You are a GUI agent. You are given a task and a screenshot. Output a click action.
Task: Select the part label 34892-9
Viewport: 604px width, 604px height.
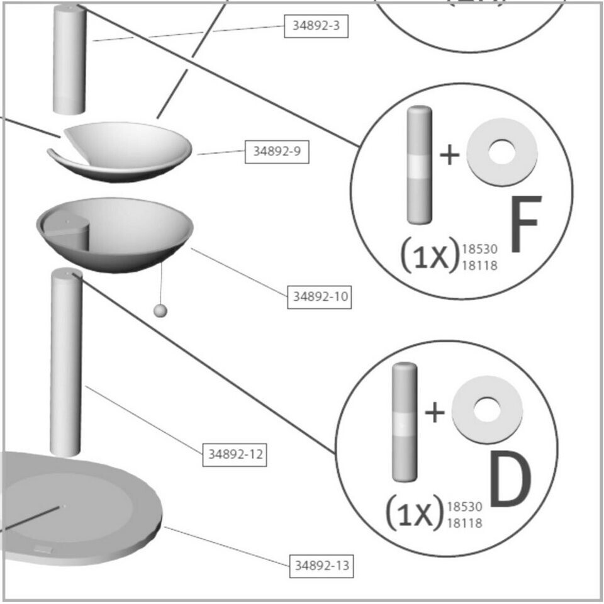coord(276,152)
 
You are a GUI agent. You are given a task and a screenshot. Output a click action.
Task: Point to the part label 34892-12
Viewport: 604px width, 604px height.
coord(235,454)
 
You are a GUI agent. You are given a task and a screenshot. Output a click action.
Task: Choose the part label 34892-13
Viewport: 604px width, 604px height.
coord(321,566)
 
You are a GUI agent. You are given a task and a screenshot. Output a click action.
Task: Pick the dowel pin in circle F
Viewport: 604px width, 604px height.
coord(420,165)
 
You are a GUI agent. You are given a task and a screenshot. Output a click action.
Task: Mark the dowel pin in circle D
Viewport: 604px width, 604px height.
coord(404,422)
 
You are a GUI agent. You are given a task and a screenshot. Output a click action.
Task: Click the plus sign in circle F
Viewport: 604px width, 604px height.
coord(449,155)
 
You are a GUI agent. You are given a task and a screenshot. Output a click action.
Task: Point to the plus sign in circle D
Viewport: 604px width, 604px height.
coord(435,413)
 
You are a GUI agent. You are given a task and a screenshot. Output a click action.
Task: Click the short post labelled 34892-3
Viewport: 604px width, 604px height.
coord(69,60)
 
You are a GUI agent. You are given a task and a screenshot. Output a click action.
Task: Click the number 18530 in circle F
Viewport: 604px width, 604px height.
coord(479,250)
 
